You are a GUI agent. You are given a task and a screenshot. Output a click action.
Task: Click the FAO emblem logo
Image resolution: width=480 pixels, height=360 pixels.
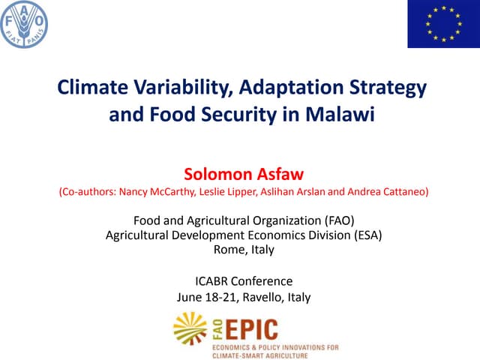(24, 25)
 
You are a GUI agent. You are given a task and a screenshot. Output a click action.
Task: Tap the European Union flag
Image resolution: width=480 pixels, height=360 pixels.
(440, 25)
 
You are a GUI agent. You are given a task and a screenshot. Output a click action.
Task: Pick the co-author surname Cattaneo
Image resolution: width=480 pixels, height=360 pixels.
(403, 192)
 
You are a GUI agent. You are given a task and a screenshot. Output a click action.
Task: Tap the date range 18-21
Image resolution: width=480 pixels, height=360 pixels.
(217, 296)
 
